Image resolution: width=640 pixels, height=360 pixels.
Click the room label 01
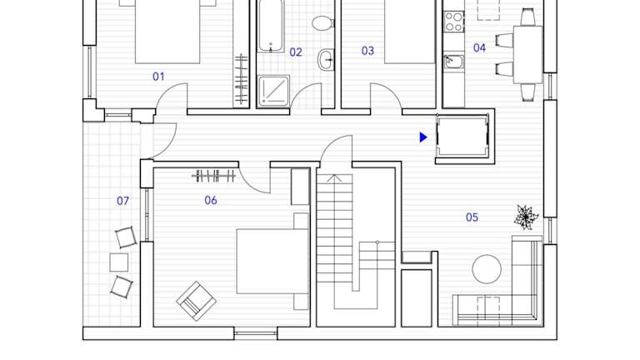158,77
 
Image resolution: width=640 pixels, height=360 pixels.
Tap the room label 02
296,52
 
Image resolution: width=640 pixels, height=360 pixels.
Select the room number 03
367,51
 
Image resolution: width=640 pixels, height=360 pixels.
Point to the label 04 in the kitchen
480,48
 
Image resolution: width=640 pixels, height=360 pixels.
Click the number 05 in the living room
472,217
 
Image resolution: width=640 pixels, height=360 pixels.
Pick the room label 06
211,200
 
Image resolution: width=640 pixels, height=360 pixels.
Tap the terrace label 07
122,201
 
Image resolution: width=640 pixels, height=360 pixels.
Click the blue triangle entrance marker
423,137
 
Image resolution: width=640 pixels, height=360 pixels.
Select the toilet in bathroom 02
322,22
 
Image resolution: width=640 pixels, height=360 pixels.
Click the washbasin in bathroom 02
326,60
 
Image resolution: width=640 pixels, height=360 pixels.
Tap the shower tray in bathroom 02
273,90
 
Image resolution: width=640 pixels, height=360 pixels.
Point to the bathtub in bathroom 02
271,25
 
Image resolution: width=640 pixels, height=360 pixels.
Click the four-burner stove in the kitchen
454,21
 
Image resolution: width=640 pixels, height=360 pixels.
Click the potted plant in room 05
526,217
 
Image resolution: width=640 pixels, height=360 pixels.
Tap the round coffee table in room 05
487,269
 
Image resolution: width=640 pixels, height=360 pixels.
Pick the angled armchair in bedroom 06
197,301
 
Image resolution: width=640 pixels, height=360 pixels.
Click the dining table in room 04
527,55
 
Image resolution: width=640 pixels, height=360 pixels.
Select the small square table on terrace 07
119,262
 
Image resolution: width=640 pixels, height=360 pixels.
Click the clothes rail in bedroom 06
214,177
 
